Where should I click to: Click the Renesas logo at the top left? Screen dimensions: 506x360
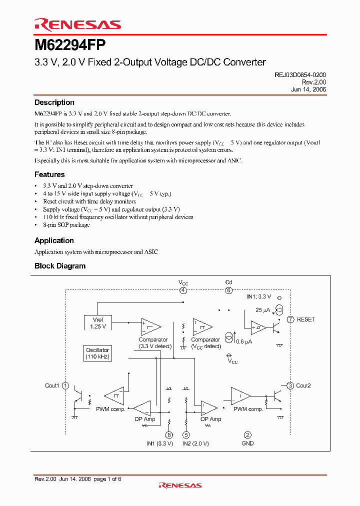pos(77,24)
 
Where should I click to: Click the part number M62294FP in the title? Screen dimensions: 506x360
pos(70,45)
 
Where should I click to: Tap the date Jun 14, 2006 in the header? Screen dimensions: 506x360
pos(308,89)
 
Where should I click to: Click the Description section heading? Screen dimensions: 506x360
pos(54,102)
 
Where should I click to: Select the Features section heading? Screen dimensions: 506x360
pos(49,174)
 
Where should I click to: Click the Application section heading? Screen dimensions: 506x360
pos(54,240)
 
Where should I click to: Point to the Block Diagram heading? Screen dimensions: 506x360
pos(60,266)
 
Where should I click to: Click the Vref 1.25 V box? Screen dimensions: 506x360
pos(98,323)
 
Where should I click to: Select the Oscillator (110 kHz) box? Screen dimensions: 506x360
pos(97,353)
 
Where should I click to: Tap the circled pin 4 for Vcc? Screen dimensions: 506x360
pos(183,290)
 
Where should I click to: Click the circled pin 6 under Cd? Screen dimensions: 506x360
pos(228,290)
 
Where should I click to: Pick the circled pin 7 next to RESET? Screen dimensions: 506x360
pos(290,319)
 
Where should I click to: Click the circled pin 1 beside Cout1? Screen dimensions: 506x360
pos(65,385)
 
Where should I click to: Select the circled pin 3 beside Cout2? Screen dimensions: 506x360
pos(290,385)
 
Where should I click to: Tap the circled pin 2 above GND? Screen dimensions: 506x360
pos(247,435)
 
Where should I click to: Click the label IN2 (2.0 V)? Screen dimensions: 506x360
pos(195,443)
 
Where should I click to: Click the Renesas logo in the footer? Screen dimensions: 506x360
pos(180,485)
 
